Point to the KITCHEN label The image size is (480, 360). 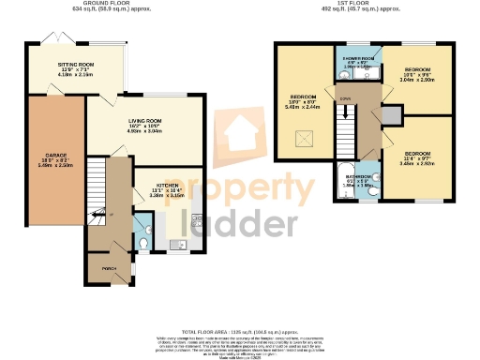[x=168, y=186]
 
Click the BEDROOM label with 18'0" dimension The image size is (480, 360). [x=303, y=97]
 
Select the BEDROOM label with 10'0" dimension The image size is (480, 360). [x=418, y=70]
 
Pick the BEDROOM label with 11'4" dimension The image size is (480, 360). [x=418, y=152]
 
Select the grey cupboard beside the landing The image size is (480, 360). [x=391, y=115]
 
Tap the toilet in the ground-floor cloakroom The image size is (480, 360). [x=142, y=242]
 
